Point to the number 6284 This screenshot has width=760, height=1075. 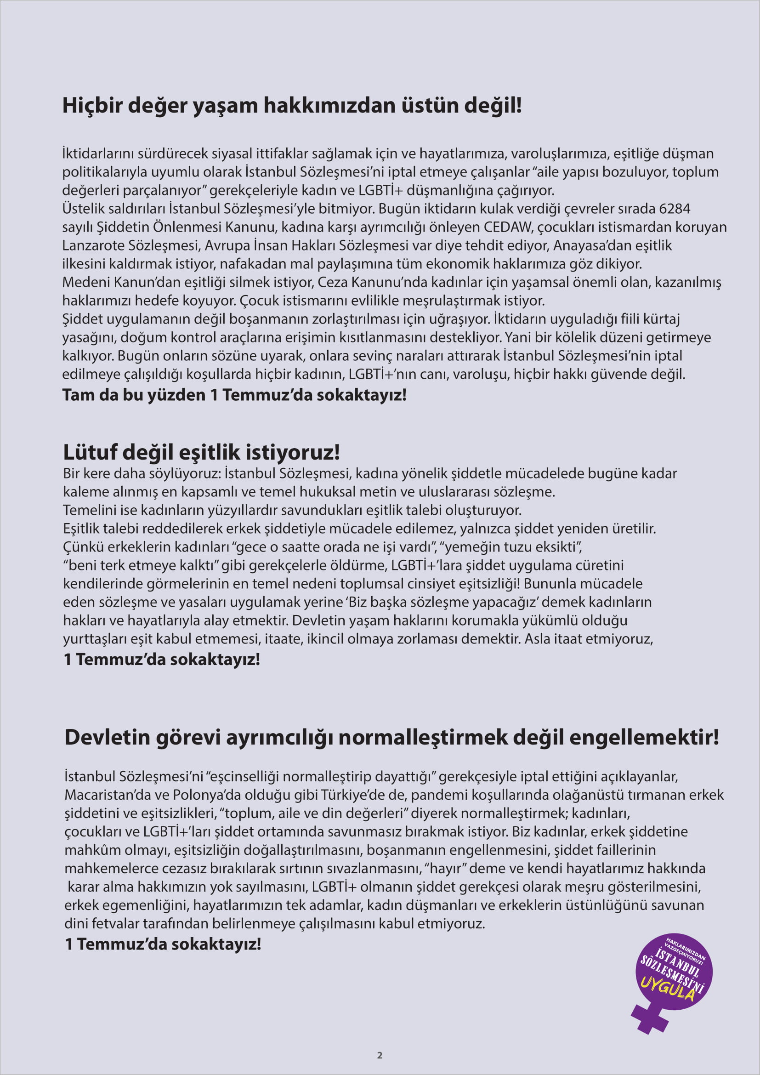click(x=675, y=208)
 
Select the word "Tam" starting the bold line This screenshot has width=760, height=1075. click(x=76, y=395)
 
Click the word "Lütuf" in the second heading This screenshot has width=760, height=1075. click(x=90, y=452)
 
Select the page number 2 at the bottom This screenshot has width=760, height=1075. click(x=380, y=1055)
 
